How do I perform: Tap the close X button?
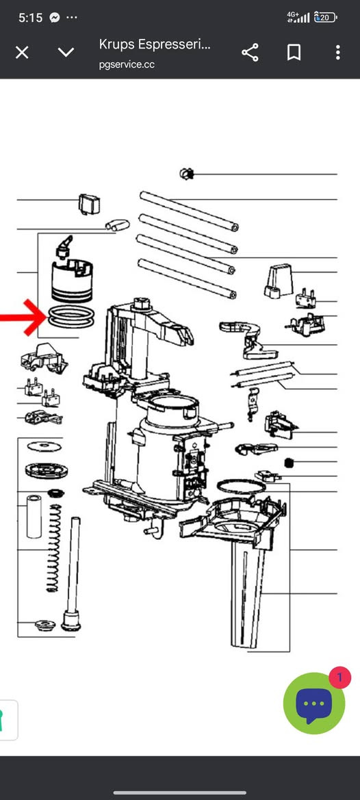[22, 52]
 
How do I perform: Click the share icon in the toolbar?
[250, 52]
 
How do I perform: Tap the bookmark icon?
[294, 52]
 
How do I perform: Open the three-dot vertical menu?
[337, 52]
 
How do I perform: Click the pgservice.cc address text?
[127, 65]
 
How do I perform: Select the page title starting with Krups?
[155, 44]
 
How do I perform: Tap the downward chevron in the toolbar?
[66, 52]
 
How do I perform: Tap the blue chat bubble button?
[313, 704]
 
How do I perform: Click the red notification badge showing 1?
[339, 678]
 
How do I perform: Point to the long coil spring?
[53, 548]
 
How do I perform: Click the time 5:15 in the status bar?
[31, 17]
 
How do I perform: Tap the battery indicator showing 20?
[325, 17]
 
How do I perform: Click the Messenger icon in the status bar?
[55, 17]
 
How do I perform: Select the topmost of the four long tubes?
[189, 211]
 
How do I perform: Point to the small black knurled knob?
[289, 462]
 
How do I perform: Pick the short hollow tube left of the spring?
[34, 516]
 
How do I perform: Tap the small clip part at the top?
[187, 174]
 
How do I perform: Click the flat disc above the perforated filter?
[44, 447]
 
